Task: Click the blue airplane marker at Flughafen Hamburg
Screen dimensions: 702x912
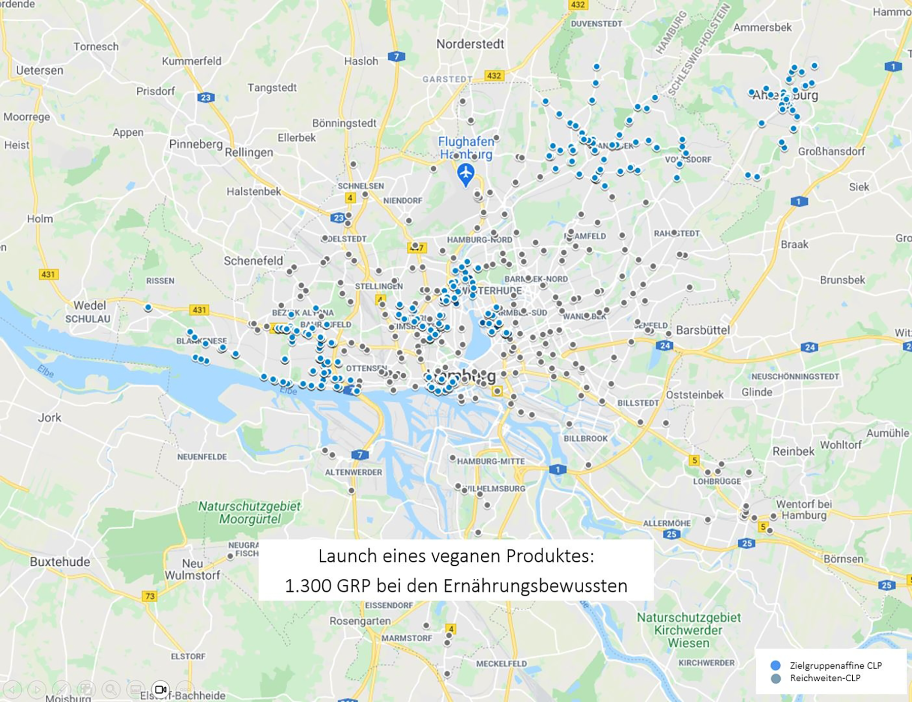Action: [466, 173]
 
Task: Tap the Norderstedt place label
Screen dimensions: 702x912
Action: [470, 45]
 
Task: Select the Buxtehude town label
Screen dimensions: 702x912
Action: [60, 562]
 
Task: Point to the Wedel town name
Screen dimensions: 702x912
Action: [90, 305]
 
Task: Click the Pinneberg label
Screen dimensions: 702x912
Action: [196, 144]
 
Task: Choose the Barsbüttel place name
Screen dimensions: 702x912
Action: [703, 330]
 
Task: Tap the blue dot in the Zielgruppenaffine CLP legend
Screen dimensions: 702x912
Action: [775, 666]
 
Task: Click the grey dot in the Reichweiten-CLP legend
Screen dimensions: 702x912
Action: [775, 679]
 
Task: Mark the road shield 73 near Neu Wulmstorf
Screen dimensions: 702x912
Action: [149, 596]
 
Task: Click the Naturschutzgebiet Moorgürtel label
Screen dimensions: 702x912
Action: [249, 513]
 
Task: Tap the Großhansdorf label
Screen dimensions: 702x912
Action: [831, 151]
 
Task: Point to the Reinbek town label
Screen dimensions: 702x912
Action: [793, 451]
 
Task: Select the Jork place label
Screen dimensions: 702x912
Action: [49, 418]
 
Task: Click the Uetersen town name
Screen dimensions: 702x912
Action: [40, 70]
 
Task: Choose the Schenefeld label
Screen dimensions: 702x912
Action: [253, 261]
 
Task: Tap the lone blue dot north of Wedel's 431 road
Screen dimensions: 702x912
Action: [148, 307]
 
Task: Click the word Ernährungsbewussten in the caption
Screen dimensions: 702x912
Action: [535, 586]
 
